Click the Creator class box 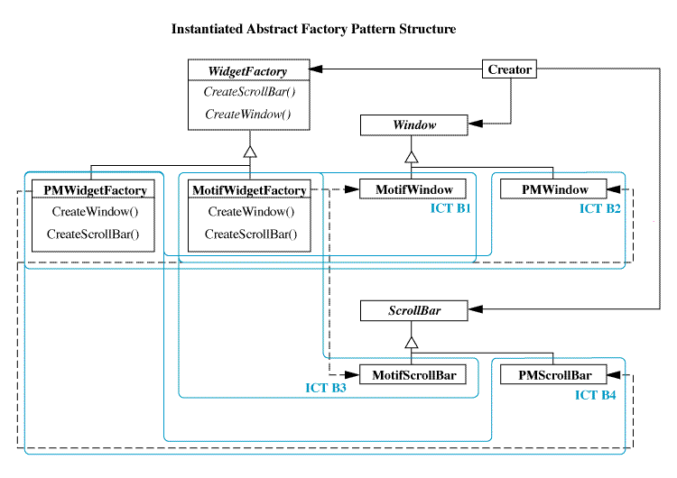pyautogui.click(x=509, y=69)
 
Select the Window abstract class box pyautogui.click(x=413, y=125)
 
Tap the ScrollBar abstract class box pyautogui.click(x=413, y=310)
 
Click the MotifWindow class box pyautogui.click(x=413, y=189)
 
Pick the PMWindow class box pyautogui.click(x=553, y=189)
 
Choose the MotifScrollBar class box pyautogui.click(x=413, y=374)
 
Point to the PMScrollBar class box pyautogui.click(x=553, y=374)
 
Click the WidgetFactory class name pyautogui.click(x=247, y=71)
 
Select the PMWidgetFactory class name pyautogui.click(x=95, y=190)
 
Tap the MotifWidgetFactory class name pyautogui.click(x=249, y=190)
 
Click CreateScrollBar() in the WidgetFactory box pyautogui.click(x=249, y=91)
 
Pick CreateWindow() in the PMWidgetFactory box pyautogui.click(x=95, y=211)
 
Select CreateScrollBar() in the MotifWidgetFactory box pyautogui.click(x=251, y=234)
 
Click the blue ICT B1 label pyautogui.click(x=450, y=208)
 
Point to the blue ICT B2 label pyautogui.click(x=599, y=209)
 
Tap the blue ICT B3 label pyautogui.click(x=326, y=388)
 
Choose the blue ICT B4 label pyautogui.click(x=595, y=395)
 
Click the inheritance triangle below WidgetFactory pyautogui.click(x=250, y=152)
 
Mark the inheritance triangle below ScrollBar pyautogui.click(x=412, y=343)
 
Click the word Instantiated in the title pyautogui.click(x=207, y=29)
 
